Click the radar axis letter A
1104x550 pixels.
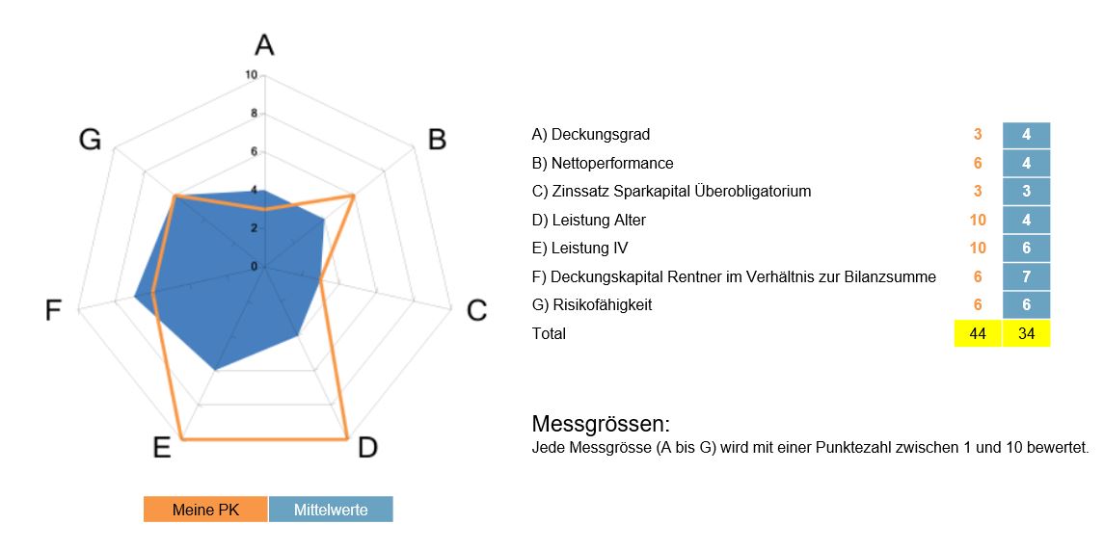pyautogui.click(x=264, y=44)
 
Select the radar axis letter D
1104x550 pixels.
pyautogui.click(x=367, y=448)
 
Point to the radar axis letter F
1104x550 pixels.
pyautogui.click(x=54, y=310)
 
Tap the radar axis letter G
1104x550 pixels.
pyautogui.click(x=90, y=141)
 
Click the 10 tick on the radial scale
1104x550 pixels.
pyautogui.click(x=251, y=75)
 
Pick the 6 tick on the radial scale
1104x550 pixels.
pyautogui.click(x=253, y=151)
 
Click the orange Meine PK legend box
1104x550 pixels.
pyautogui.click(x=205, y=510)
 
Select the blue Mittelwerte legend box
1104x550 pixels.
pyautogui.click(x=331, y=510)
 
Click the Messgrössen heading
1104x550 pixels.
pyautogui.click(x=600, y=425)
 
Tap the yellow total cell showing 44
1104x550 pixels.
pyautogui.click(x=978, y=333)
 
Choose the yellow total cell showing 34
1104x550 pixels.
pyautogui.click(x=1026, y=333)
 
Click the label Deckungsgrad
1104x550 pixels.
pyautogui.click(x=590, y=135)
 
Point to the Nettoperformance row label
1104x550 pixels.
pyautogui.click(x=603, y=163)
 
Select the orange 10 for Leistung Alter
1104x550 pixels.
pyautogui.click(x=978, y=220)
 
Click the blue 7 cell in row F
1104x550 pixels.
pyautogui.click(x=1026, y=276)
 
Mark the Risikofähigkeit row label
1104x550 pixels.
pyautogui.click(x=592, y=305)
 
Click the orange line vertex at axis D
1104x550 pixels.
pyautogui.click(x=347, y=439)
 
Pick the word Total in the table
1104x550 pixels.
pyautogui.click(x=549, y=333)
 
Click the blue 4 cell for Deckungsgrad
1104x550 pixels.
pyautogui.click(x=1026, y=135)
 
